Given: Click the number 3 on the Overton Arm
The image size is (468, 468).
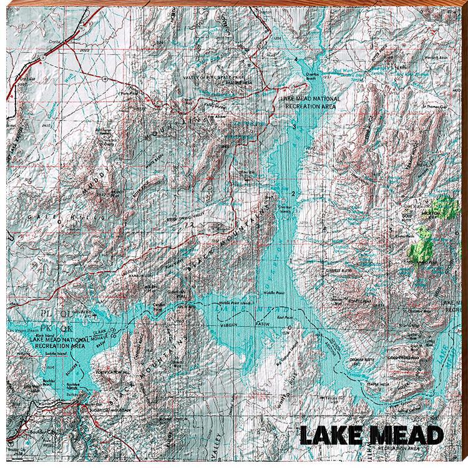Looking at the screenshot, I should click(293, 126).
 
